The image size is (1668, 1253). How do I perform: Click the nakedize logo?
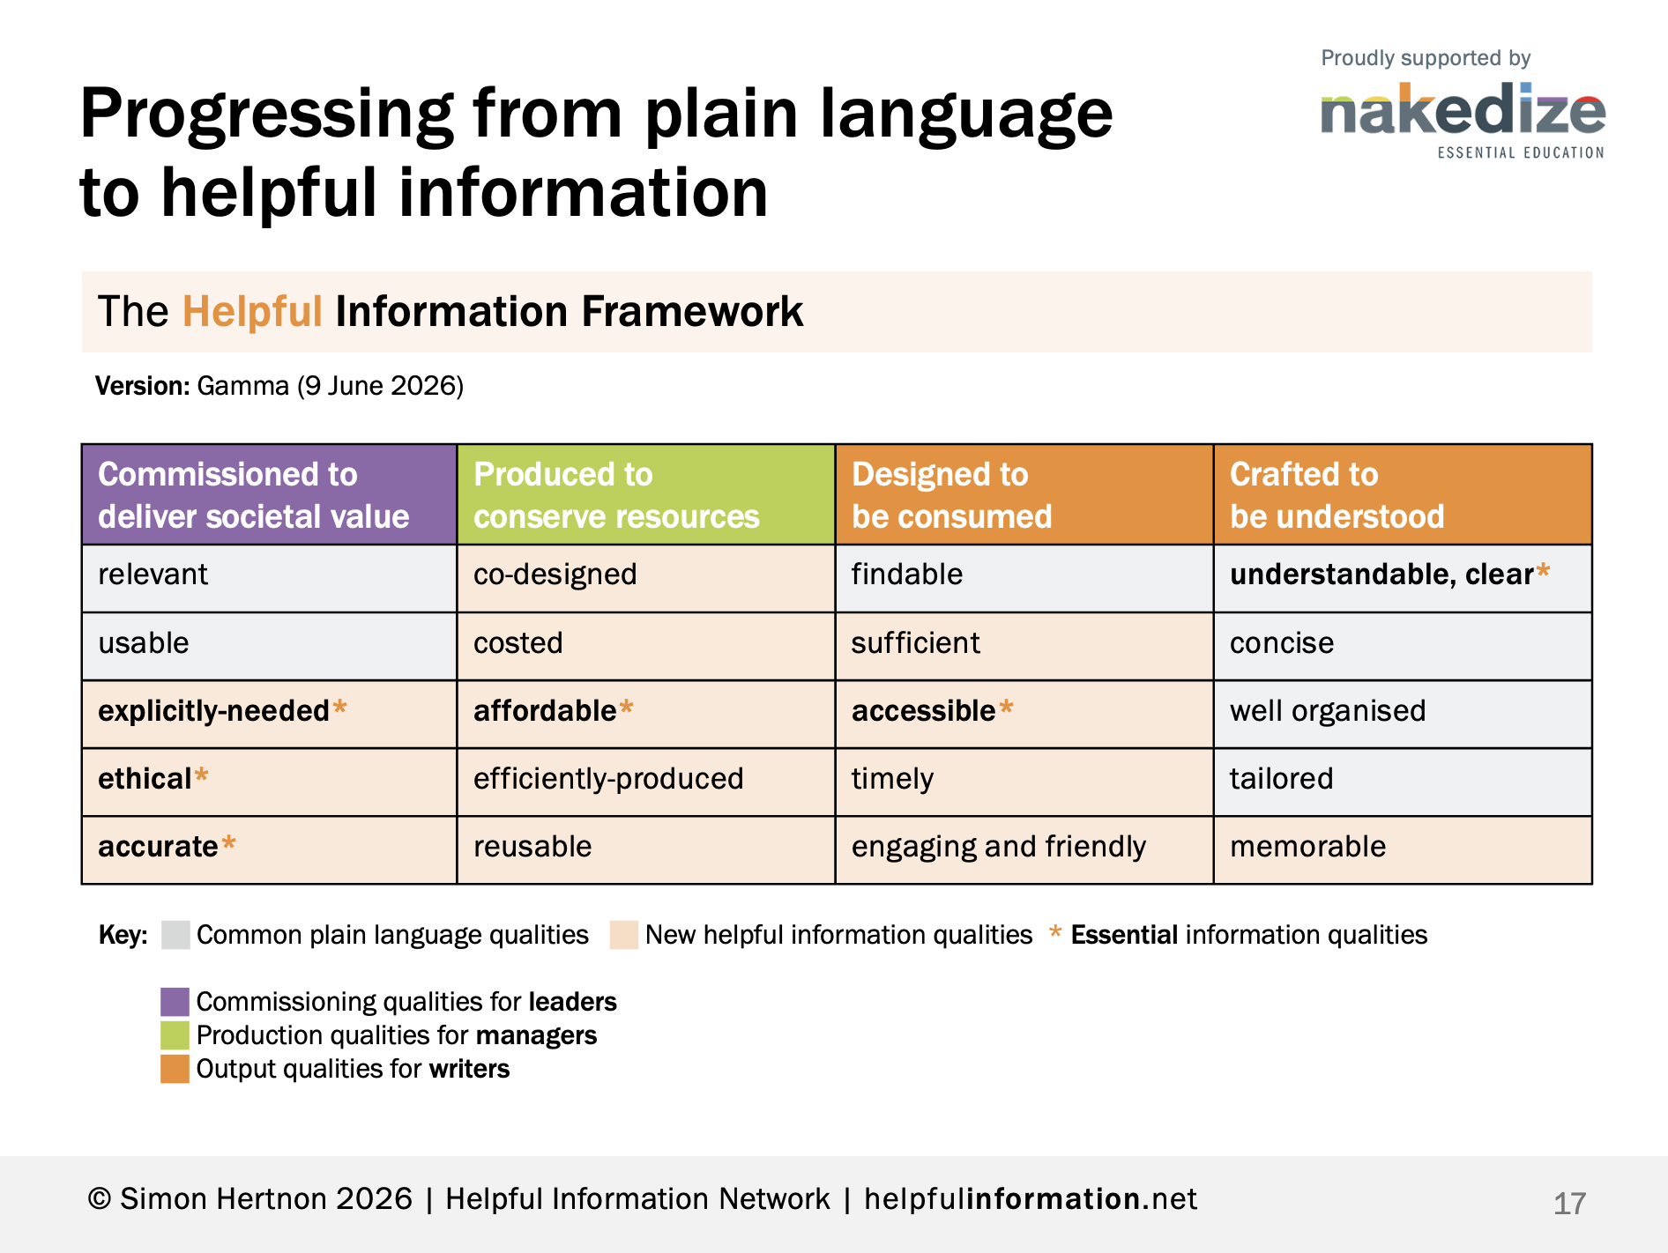point(1463,120)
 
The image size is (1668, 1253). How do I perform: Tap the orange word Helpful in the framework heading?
point(252,311)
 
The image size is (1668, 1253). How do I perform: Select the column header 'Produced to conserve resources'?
point(646,494)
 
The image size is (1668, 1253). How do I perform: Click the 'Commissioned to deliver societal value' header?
point(270,494)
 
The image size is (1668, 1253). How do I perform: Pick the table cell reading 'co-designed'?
point(646,578)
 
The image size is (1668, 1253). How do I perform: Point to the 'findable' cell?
point(1024,578)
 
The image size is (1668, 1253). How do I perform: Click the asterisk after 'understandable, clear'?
point(1543,570)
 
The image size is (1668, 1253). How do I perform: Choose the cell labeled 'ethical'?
point(270,782)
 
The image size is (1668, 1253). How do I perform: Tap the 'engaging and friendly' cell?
point(1024,849)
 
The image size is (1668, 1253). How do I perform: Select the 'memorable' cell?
point(1403,849)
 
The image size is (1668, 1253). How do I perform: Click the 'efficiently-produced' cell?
point(646,782)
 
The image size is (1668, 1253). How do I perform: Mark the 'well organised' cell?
point(1403,714)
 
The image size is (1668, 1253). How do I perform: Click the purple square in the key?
point(175,1002)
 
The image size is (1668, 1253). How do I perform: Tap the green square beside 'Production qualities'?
point(175,1035)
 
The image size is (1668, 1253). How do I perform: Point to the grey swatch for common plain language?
point(175,935)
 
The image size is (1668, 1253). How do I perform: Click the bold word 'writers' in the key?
point(469,1069)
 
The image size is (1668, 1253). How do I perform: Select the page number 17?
point(1569,1204)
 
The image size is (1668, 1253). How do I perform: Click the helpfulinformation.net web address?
point(1031,1199)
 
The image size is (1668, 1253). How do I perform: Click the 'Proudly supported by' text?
point(1426,58)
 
